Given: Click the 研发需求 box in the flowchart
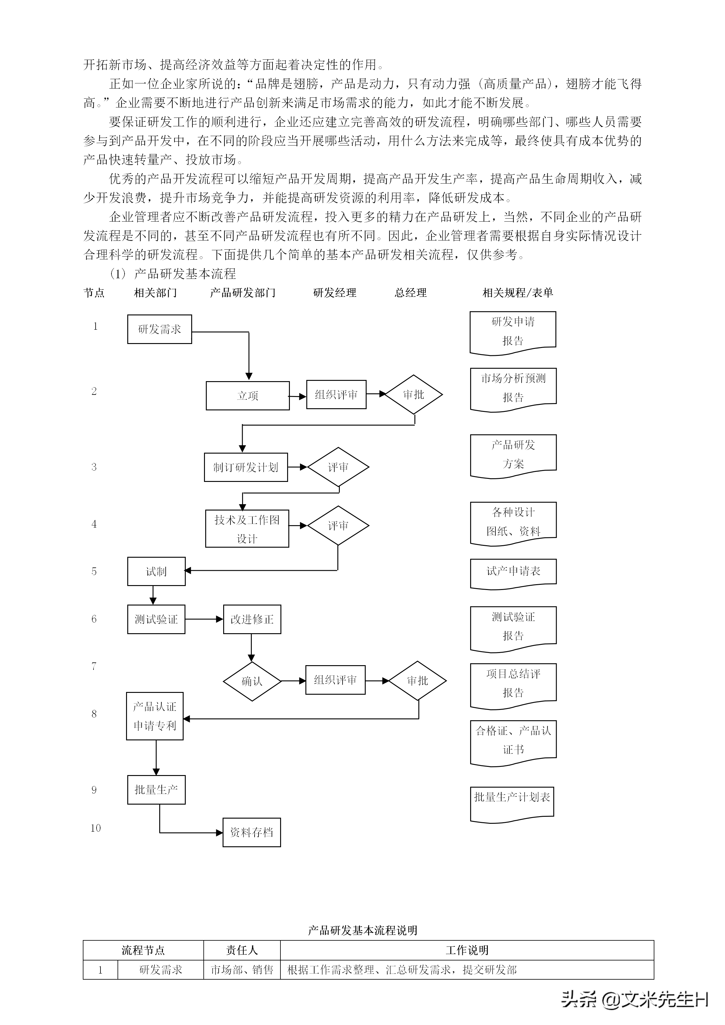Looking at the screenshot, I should point(159,329).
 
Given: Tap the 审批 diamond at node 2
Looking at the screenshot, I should point(414,395).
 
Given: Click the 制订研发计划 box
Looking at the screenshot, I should point(245,467).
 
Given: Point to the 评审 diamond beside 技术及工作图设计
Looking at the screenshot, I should point(338,525).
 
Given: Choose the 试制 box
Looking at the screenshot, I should point(156,571).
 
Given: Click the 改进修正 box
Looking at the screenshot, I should point(252,619).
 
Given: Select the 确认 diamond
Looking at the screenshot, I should point(252,681).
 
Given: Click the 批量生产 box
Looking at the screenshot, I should point(156,790).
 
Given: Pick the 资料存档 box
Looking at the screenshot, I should point(252,832).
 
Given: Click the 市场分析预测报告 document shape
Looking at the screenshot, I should point(513,388).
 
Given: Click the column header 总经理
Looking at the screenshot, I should point(411,293).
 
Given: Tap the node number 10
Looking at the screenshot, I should point(96,828).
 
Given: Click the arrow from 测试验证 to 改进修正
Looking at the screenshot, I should point(204,619).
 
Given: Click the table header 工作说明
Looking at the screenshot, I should point(467,950).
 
